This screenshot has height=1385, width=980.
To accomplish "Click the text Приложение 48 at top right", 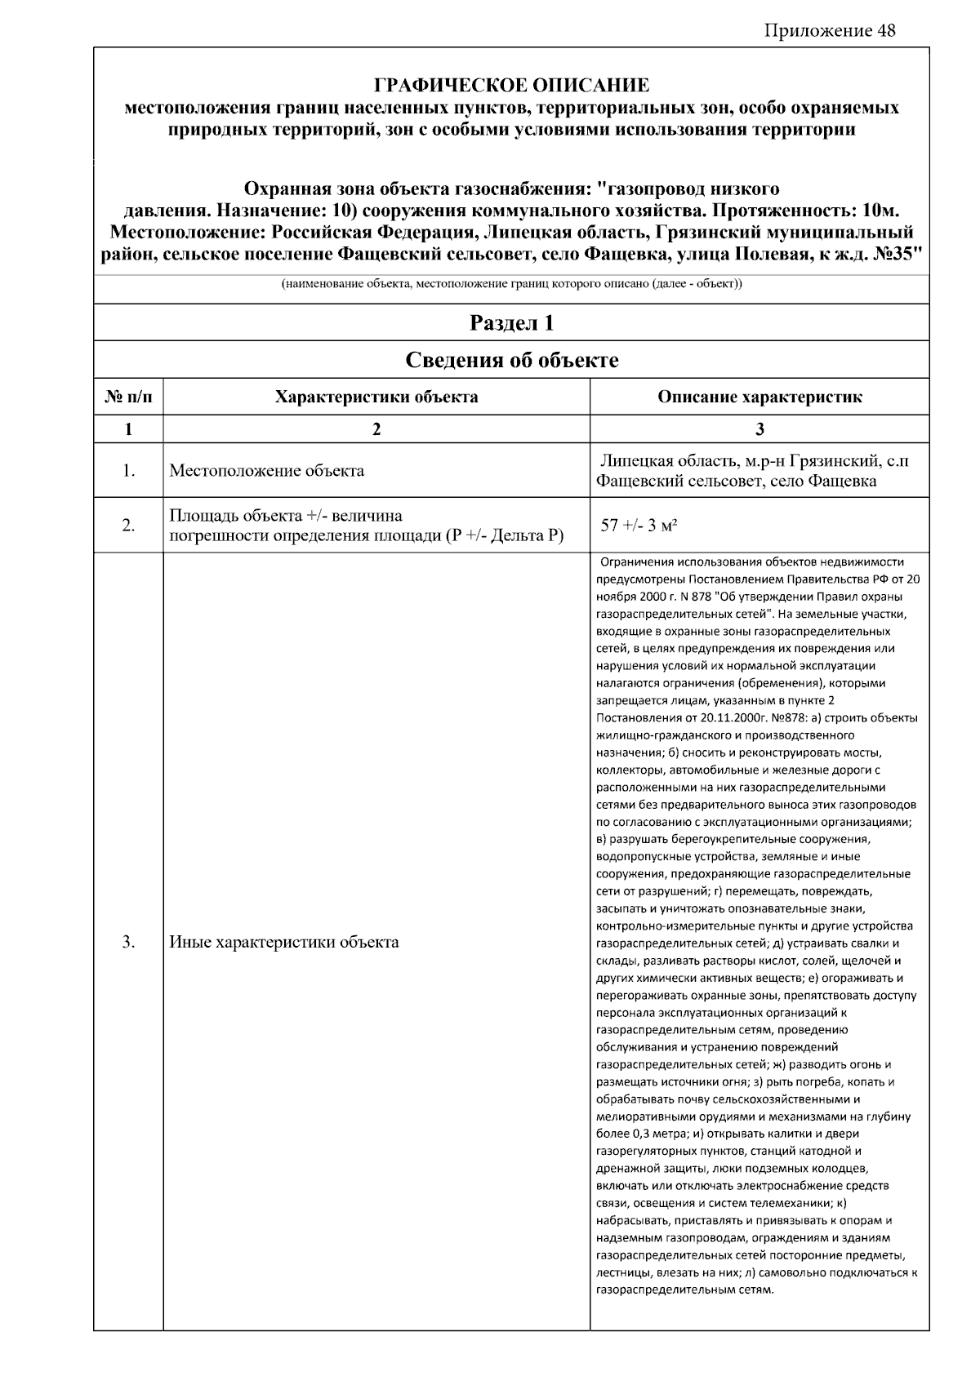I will point(830,31).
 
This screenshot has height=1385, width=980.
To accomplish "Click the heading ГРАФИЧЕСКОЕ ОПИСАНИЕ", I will point(511,86).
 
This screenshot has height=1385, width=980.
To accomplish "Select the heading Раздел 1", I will point(511,323).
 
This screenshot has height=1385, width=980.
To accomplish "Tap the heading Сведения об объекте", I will point(511,360).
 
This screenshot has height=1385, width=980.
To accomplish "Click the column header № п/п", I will point(128,397).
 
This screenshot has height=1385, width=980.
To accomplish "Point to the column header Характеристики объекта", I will point(376,397).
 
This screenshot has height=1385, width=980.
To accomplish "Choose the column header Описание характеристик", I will point(759,397).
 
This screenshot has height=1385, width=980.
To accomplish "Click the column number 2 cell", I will point(376,429).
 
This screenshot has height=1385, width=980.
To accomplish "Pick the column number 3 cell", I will point(759,429).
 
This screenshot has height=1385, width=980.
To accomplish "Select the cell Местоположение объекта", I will point(266,471).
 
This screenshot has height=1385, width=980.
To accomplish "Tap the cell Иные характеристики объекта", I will point(283,942).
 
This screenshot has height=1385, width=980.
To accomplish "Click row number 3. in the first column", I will point(128,942).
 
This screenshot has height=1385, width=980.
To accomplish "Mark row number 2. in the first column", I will point(128,526).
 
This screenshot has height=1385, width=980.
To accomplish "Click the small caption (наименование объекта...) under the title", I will point(511,284).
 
